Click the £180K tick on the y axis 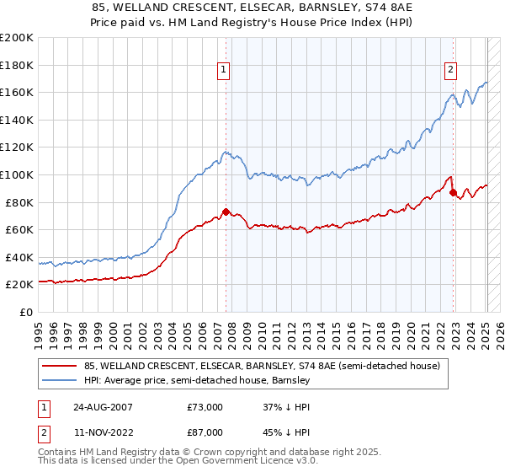point(17,64)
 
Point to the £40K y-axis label point(19,257)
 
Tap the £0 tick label point(26,312)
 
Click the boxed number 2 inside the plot point(451,71)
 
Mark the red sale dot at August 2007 point(226,212)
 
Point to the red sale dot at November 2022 point(453,193)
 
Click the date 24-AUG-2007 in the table point(102,407)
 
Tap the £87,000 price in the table point(205,432)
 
